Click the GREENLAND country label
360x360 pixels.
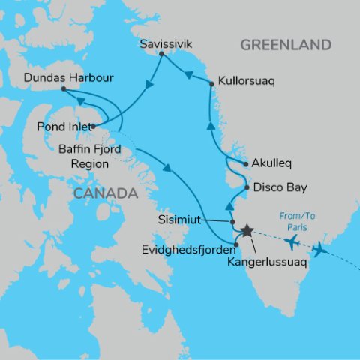click(x=286, y=46)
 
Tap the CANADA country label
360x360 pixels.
click(x=105, y=194)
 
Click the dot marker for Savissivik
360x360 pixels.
click(x=162, y=54)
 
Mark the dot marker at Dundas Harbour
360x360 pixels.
click(x=64, y=88)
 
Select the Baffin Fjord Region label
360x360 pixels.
click(x=90, y=156)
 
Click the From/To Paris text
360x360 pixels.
click(x=298, y=223)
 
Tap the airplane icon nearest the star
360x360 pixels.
click(x=292, y=241)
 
